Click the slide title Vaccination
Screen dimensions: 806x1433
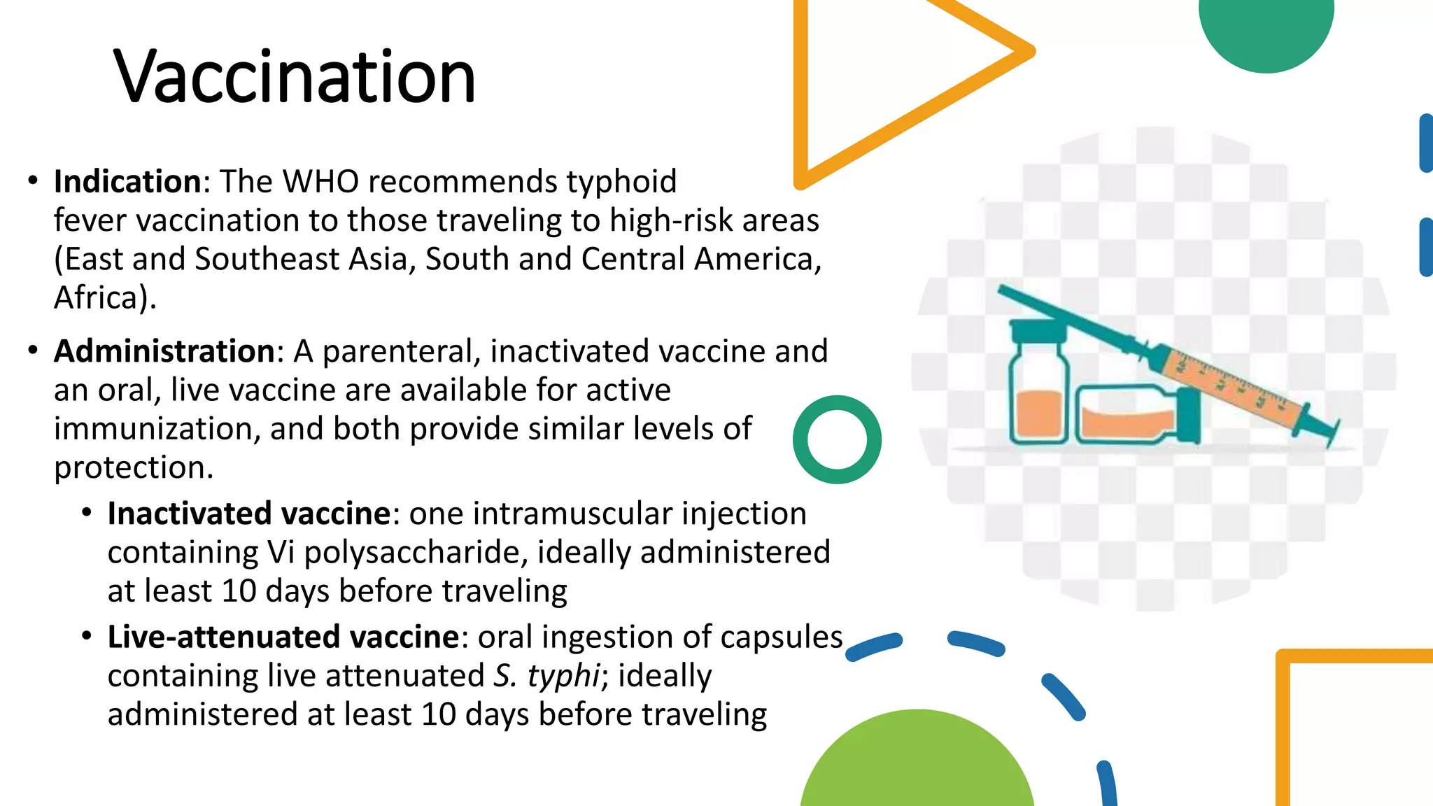(295, 76)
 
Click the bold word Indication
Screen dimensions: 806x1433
(127, 181)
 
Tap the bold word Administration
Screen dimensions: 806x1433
(164, 351)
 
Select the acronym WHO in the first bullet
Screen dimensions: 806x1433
(320, 181)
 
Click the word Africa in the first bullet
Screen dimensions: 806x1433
(97, 297)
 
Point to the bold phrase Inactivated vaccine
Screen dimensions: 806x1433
(248, 514)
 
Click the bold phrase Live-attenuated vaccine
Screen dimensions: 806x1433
(283, 637)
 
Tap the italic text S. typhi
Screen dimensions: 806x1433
(546, 676)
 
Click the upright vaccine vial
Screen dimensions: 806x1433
(1038, 399)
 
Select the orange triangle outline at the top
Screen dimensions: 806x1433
(802, 91)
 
